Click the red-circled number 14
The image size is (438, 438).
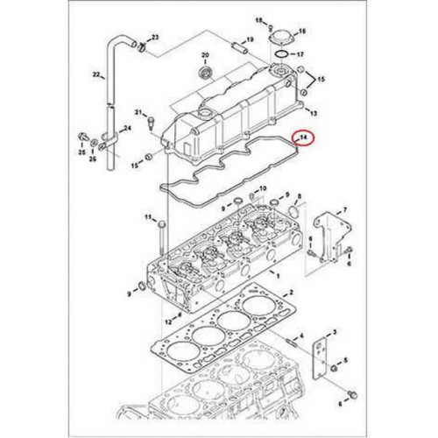click(303, 138)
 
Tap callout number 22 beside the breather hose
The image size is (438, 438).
click(97, 76)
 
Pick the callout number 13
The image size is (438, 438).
click(314, 114)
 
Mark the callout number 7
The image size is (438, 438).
click(344, 210)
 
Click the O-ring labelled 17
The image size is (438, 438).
click(279, 54)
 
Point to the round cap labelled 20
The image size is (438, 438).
click(207, 69)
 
